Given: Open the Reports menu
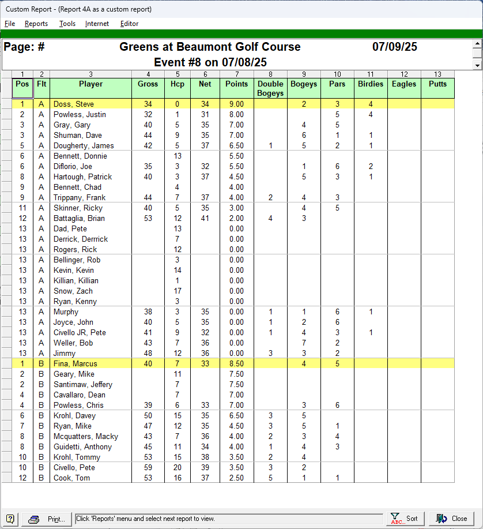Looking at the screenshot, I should pos(36,24).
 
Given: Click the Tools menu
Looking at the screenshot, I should pos(67,24).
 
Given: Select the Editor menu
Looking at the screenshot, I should pos(129,24).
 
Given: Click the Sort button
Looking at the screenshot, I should pos(404,519).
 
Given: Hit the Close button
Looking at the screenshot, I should pos(451,519).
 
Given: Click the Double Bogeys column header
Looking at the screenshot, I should pos(270,88).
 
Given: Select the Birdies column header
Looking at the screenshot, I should pos(370,84).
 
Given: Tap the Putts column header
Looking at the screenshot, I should pos(437,84).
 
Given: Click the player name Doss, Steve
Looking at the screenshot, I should pos(74,104).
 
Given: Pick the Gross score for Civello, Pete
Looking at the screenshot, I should pos(148,468).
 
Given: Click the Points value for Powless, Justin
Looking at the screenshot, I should pos(236,115).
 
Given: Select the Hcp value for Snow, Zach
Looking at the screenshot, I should pos(178,291).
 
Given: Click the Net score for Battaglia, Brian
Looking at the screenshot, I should pos(205,219).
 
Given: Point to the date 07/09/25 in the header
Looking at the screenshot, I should pos(394,47).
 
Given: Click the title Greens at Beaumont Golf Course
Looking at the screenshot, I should pos(210,47).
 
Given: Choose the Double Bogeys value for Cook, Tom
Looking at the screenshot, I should pos(270,478).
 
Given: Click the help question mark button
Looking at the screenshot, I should pos(10,519).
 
